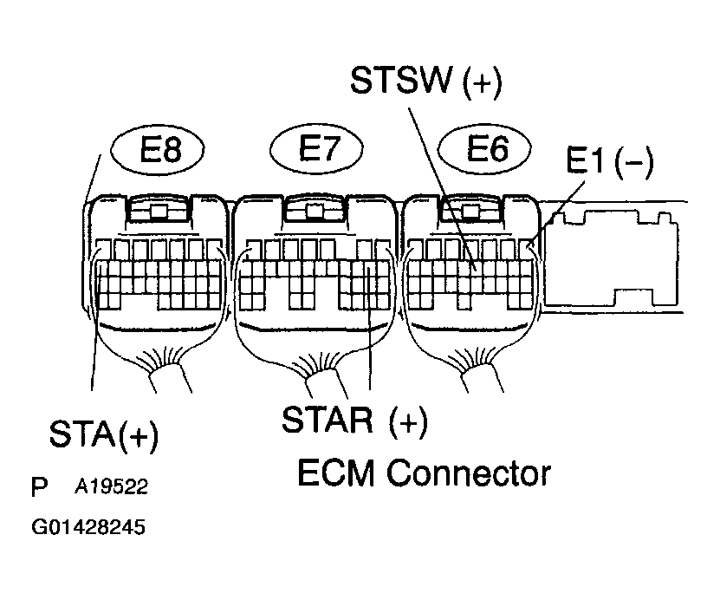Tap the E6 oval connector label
pos(485,150)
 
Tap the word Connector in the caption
pos(468,473)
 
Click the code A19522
pos(110,487)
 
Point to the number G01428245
pos(88,527)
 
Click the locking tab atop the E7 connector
pos(316,212)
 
